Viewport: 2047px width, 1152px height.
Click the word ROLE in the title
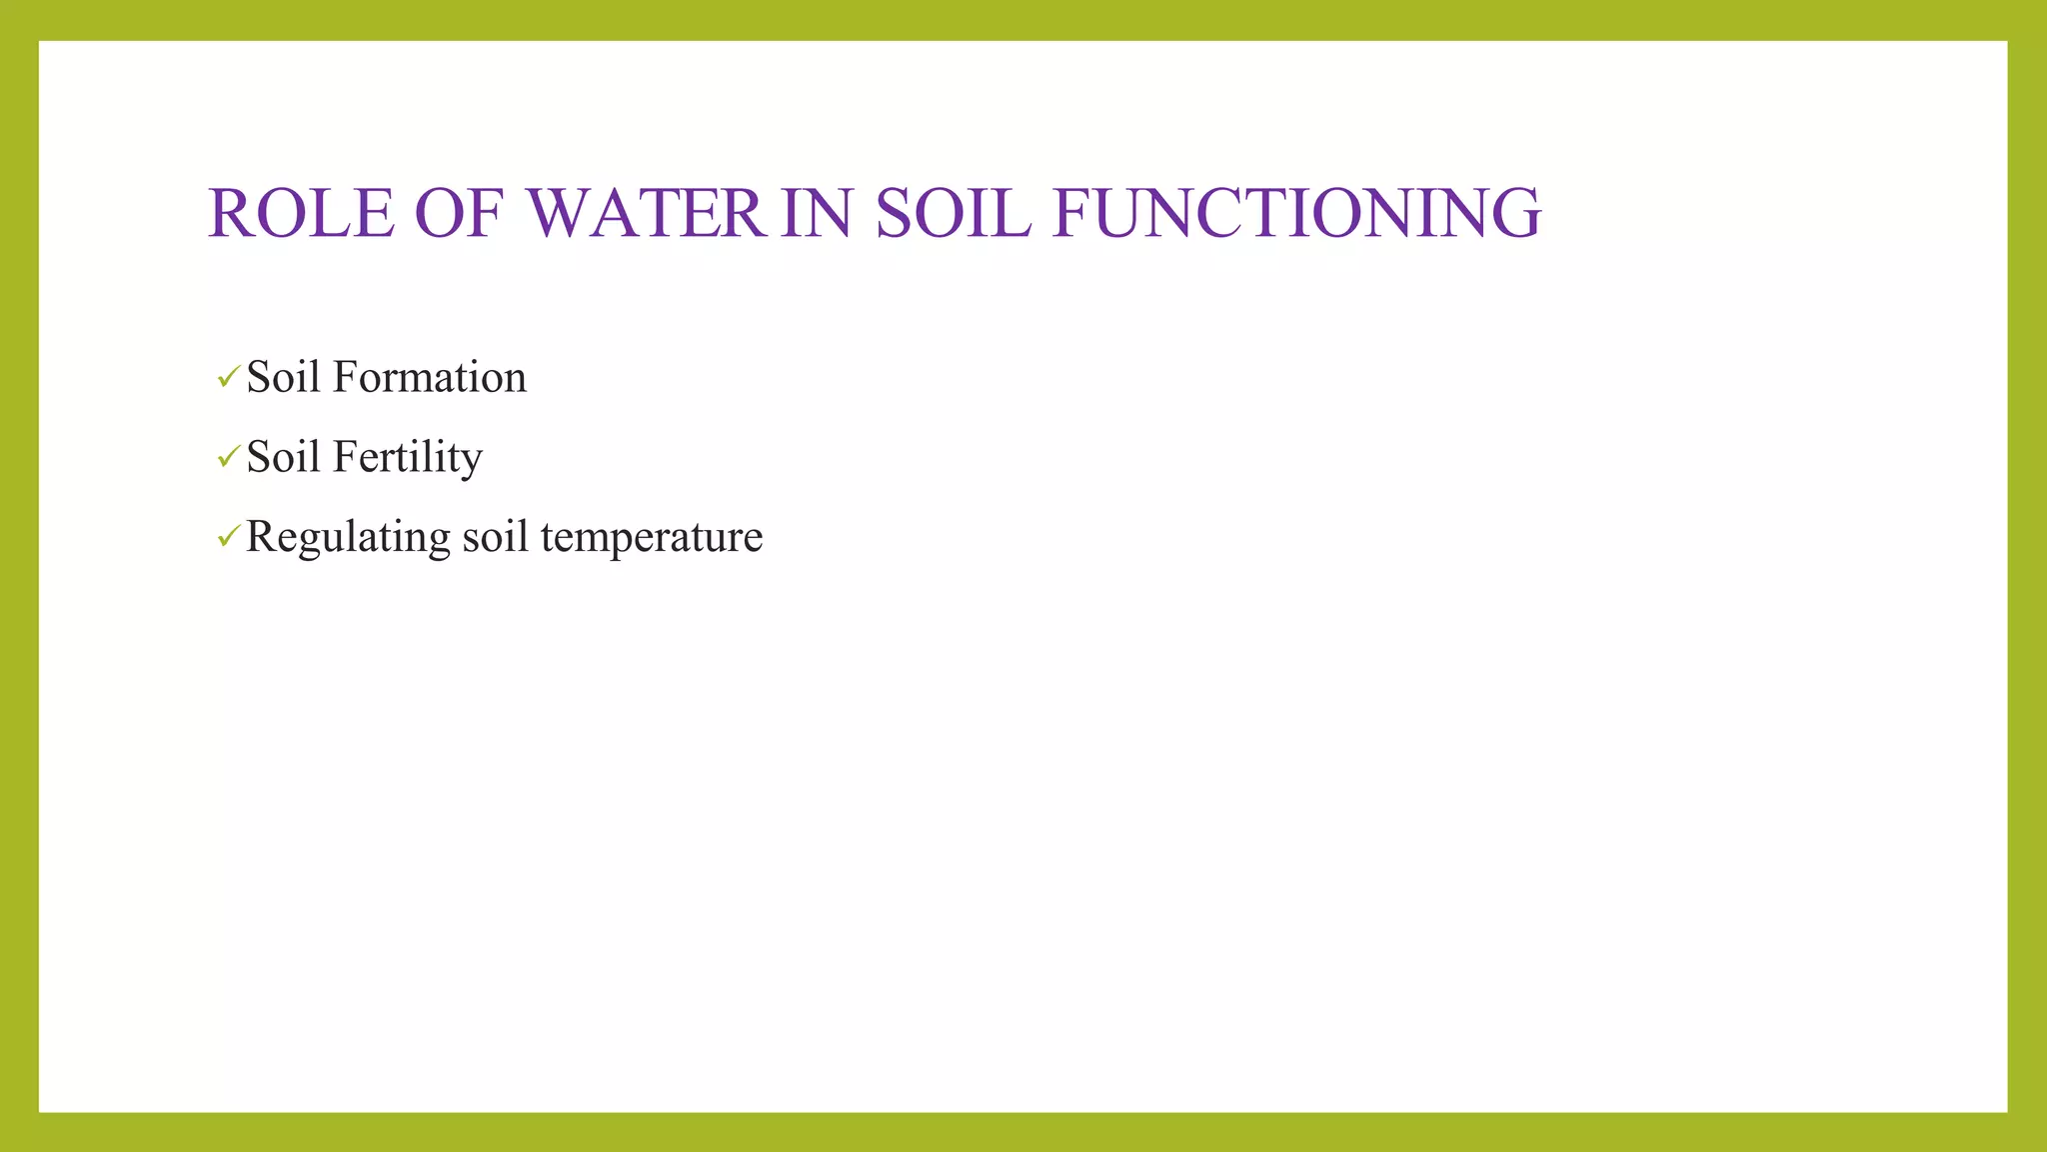point(301,213)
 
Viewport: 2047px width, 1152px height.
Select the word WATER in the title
point(646,213)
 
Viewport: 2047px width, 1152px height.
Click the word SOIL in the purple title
point(953,213)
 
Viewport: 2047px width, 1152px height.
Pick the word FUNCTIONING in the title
point(1296,213)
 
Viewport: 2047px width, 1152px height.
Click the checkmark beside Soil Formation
point(228,377)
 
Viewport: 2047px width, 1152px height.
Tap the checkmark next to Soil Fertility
point(228,457)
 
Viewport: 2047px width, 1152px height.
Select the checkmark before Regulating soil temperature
point(228,537)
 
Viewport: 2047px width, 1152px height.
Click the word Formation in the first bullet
point(429,377)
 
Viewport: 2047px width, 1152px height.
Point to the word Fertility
point(407,457)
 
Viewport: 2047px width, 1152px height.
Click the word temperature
point(652,537)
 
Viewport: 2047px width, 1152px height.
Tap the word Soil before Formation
point(283,377)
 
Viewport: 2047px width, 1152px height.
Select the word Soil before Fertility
point(283,457)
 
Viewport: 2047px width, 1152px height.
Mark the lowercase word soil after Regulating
point(495,537)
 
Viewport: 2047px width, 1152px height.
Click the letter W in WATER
point(559,213)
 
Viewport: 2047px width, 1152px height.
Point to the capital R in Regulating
point(261,536)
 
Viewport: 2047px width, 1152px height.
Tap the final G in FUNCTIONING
point(1517,213)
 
